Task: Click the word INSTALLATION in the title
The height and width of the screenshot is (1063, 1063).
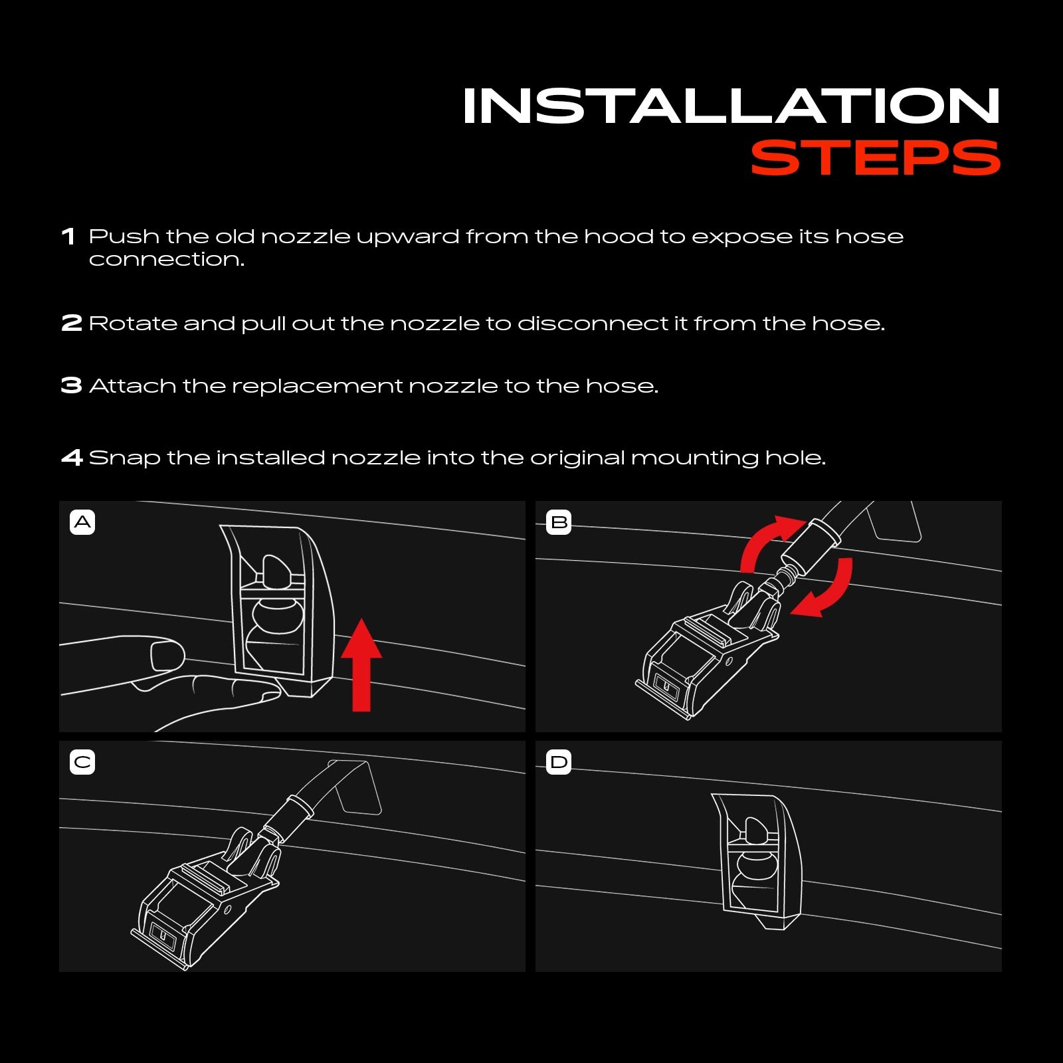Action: coord(731,106)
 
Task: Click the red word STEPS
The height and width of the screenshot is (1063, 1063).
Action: coord(876,158)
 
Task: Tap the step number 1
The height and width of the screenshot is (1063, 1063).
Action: coord(68,237)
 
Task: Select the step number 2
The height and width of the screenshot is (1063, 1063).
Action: coord(72,324)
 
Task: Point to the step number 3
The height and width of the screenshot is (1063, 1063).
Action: coord(72,385)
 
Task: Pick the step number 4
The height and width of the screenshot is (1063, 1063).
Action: coord(72,457)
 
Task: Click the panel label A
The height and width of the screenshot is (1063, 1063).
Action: coord(82,522)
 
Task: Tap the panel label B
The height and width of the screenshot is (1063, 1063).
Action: coord(559,522)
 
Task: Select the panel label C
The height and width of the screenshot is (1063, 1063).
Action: coord(82,762)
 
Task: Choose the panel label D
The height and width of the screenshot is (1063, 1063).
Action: coord(559,762)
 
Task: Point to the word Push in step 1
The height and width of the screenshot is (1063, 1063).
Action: coord(124,237)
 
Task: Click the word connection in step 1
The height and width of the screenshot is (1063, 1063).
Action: coord(167,259)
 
